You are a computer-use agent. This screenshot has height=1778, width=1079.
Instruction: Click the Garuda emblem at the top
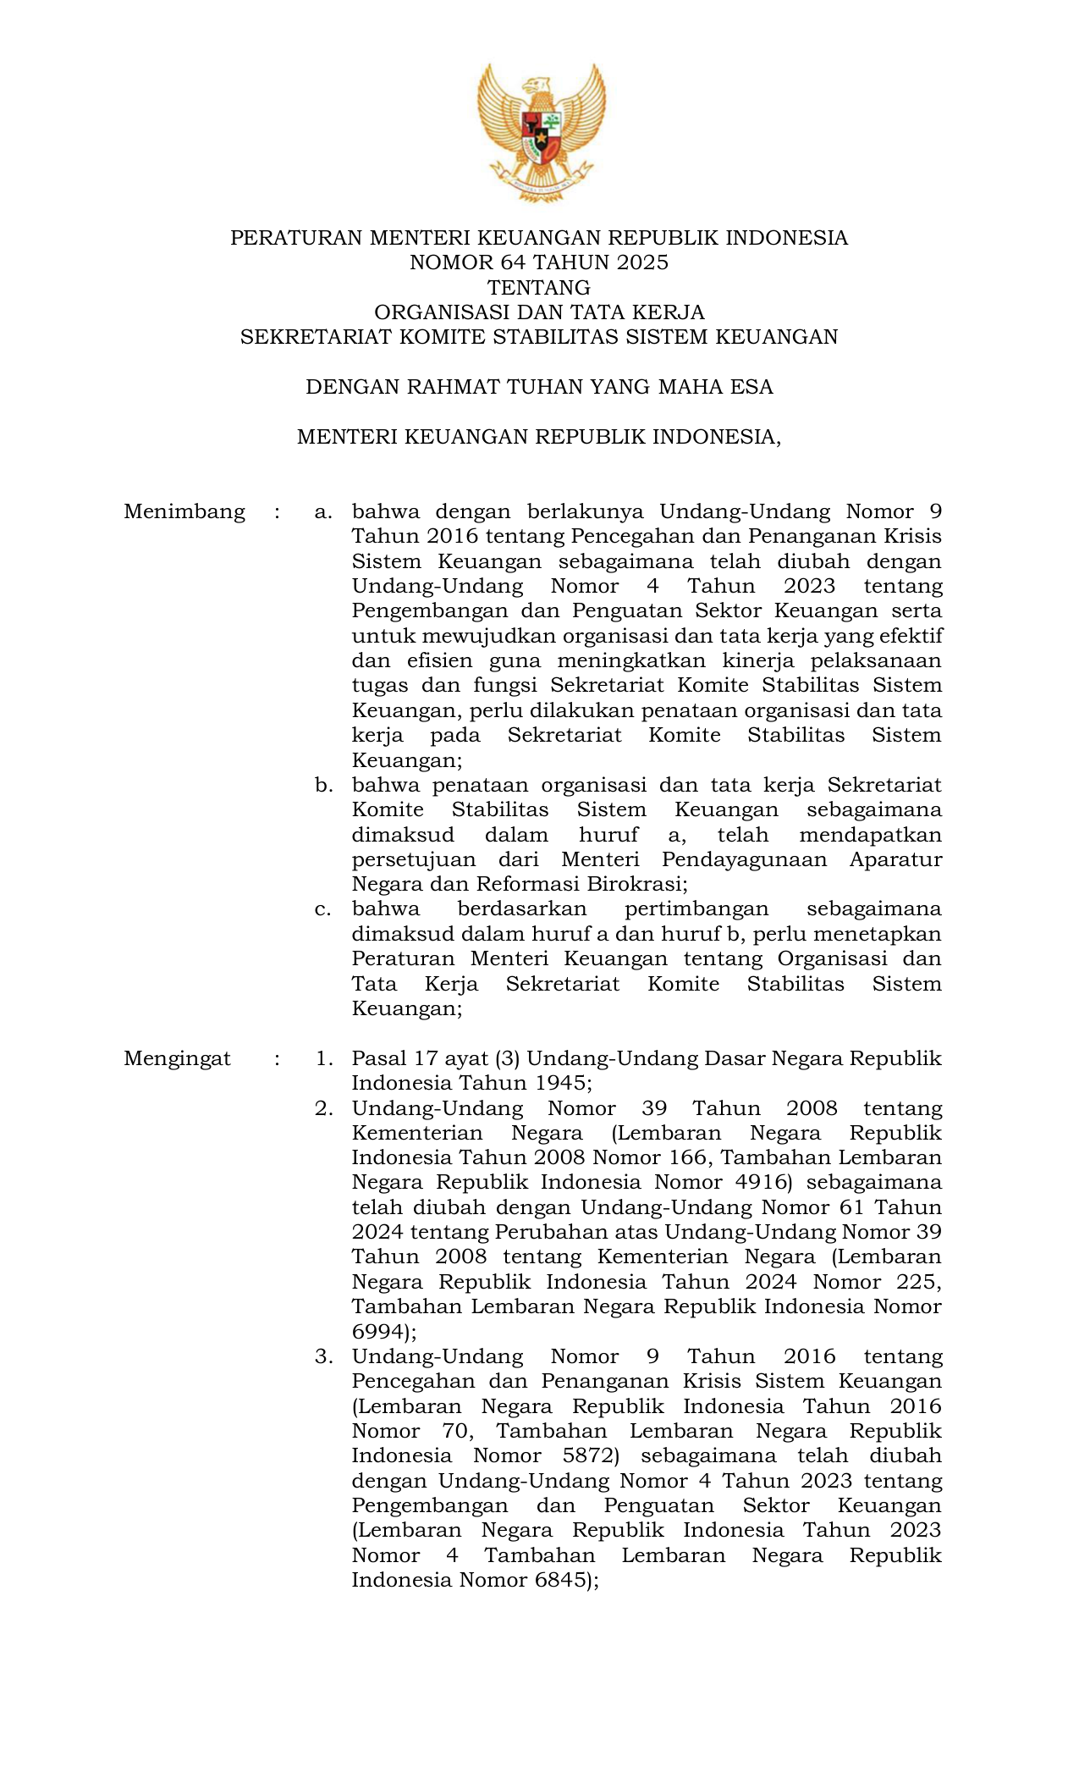pyautogui.click(x=540, y=131)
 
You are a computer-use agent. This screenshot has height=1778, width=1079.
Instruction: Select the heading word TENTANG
pyautogui.click(x=539, y=287)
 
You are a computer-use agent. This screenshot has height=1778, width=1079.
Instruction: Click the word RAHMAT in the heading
pyautogui.click(x=453, y=387)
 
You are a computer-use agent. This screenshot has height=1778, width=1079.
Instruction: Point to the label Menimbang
pyautogui.click(x=184, y=511)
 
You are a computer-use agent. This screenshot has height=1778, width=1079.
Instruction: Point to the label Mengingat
pyautogui.click(x=177, y=1058)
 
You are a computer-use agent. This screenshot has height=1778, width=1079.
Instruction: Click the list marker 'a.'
pyautogui.click(x=323, y=511)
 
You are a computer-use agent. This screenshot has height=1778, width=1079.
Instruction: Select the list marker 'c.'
pyautogui.click(x=322, y=909)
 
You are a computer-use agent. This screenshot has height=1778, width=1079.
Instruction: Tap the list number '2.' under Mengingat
pyautogui.click(x=324, y=1108)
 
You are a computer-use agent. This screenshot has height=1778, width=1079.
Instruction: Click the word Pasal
pyautogui.click(x=379, y=1058)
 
